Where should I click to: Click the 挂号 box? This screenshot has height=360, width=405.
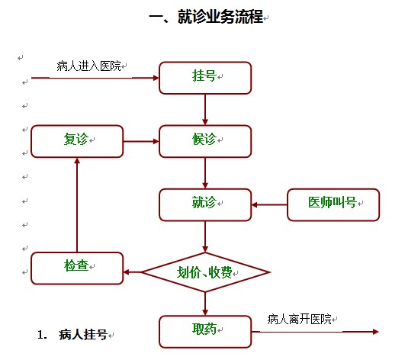(x=205, y=78)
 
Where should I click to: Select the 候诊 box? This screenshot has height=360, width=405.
(x=205, y=141)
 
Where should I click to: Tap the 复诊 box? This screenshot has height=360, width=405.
(x=77, y=141)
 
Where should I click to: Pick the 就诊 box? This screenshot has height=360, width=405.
(x=205, y=205)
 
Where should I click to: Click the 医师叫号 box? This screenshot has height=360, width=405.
(x=333, y=205)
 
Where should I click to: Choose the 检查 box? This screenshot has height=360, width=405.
(x=77, y=268)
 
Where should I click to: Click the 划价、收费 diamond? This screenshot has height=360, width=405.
(x=205, y=272)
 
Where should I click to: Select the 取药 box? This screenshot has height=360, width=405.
(x=205, y=332)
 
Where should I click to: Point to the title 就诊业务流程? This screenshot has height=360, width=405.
(x=220, y=17)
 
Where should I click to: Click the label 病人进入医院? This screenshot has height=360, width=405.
(x=88, y=66)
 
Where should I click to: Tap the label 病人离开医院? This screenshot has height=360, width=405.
(x=299, y=320)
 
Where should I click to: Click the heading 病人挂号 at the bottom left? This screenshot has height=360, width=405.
(x=83, y=335)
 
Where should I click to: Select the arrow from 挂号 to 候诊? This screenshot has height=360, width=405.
(x=205, y=110)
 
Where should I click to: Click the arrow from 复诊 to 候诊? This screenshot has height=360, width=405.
(x=141, y=141)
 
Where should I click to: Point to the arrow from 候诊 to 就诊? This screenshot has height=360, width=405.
(x=205, y=173)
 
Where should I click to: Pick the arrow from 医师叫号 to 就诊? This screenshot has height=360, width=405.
(x=269, y=205)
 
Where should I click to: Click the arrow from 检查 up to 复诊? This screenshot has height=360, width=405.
(x=77, y=205)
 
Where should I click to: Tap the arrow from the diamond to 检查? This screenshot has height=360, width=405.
(x=133, y=272)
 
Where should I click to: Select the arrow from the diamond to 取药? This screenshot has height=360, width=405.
(x=205, y=304)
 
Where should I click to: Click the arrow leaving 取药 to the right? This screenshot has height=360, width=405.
(x=315, y=332)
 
